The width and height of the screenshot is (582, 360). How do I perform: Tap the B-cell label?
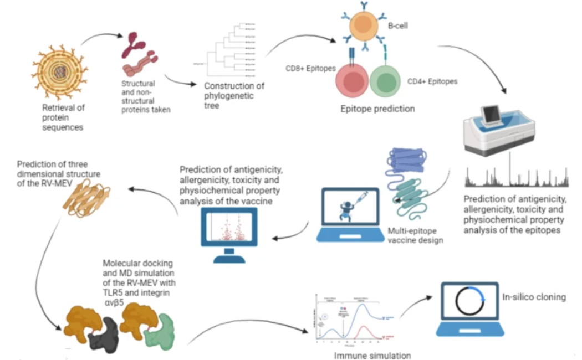(x=396, y=25)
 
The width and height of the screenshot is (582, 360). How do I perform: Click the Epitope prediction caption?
(x=377, y=109)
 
